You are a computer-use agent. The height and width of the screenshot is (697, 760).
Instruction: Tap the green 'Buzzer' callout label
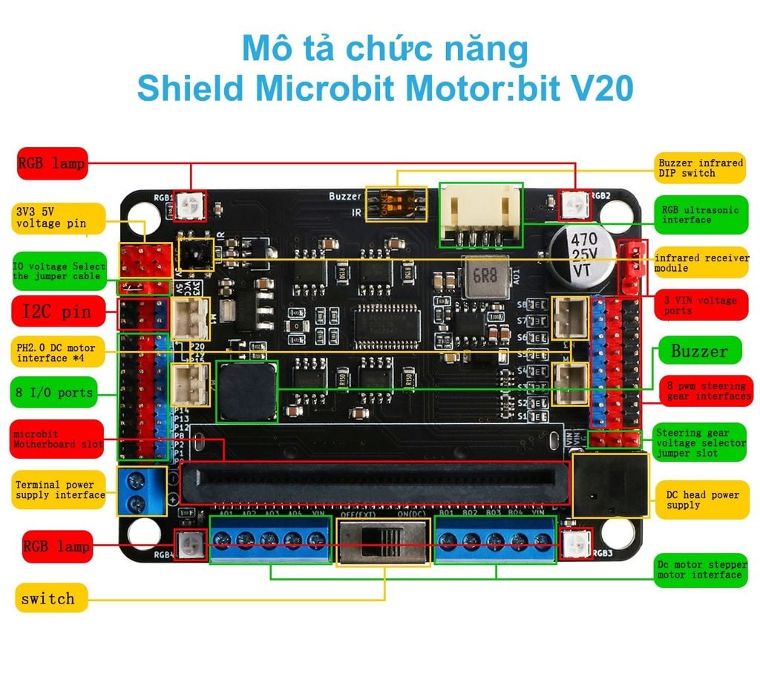click(699, 351)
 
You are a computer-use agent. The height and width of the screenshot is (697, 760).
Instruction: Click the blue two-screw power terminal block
click(141, 492)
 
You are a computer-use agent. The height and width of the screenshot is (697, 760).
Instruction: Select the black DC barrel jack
click(610, 486)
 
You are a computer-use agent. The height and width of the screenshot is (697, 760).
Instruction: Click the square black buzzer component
click(246, 391)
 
